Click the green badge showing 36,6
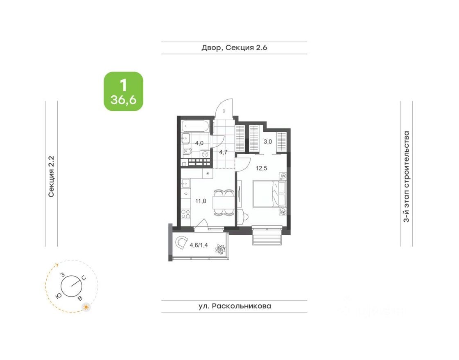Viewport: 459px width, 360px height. (123, 91)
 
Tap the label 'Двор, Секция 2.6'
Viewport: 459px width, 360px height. (234, 48)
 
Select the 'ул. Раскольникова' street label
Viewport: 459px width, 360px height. (234, 306)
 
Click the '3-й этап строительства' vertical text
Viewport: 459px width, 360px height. (406, 176)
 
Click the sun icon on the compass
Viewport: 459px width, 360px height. (86, 307)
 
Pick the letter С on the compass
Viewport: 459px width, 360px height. (84, 278)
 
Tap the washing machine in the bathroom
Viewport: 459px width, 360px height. (205, 154)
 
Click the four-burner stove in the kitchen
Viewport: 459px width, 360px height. (185, 214)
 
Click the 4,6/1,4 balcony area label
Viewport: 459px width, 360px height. (199, 245)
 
